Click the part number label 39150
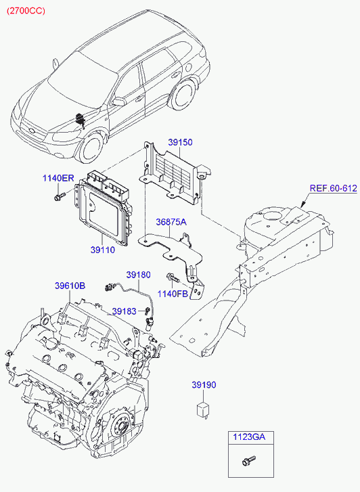click(x=180, y=142)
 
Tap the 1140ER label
click(x=58, y=179)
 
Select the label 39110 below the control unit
click(x=103, y=250)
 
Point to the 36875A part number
click(x=171, y=222)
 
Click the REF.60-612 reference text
click(x=334, y=188)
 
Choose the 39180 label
click(x=139, y=275)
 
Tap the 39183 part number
click(x=125, y=311)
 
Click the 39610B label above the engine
click(x=70, y=286)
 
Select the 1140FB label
click(x=173, y=294)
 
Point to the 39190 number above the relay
click(x=204, y=385)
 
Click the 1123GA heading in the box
click(x=249, y=437)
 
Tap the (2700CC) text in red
click(x=26, y=11)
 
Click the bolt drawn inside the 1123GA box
click(x=248, y=461)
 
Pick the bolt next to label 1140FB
click(x=172, y=277)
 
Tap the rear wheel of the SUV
click(x=184, y=94)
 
